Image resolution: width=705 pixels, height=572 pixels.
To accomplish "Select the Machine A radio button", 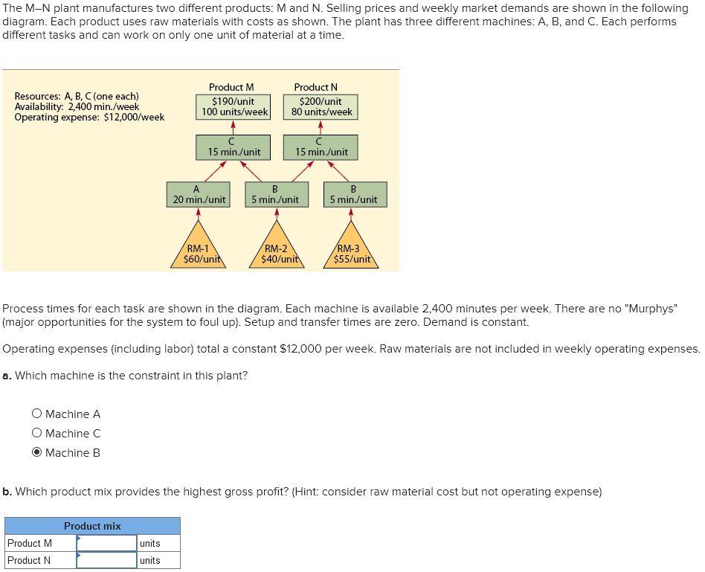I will [36, 414].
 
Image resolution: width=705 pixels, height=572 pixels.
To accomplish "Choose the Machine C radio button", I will [36, 434].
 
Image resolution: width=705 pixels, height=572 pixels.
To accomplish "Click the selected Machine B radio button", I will [36, 453].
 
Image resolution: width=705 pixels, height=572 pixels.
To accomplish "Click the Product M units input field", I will [106, 544].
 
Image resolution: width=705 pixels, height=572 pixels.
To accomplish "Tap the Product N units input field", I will [106, 560].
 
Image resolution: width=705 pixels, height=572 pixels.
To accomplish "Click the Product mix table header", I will [92, 526].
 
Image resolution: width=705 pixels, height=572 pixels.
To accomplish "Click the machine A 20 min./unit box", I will [199, 194].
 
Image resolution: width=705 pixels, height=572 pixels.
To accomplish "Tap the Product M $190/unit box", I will [234, 106].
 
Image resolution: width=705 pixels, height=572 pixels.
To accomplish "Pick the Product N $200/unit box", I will [321, 106].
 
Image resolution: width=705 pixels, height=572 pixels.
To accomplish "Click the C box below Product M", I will [234, 147].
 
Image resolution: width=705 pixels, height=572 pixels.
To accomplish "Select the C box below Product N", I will [321, 147].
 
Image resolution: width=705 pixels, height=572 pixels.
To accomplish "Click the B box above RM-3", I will [353, 194].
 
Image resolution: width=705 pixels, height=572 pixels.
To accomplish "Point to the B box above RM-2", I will [275, 194].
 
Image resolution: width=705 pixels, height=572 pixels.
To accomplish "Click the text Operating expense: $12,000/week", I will [89, 118].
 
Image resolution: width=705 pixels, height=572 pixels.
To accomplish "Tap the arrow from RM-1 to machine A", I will [199, 213].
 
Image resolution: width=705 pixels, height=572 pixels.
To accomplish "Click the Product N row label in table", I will [30, 560].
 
